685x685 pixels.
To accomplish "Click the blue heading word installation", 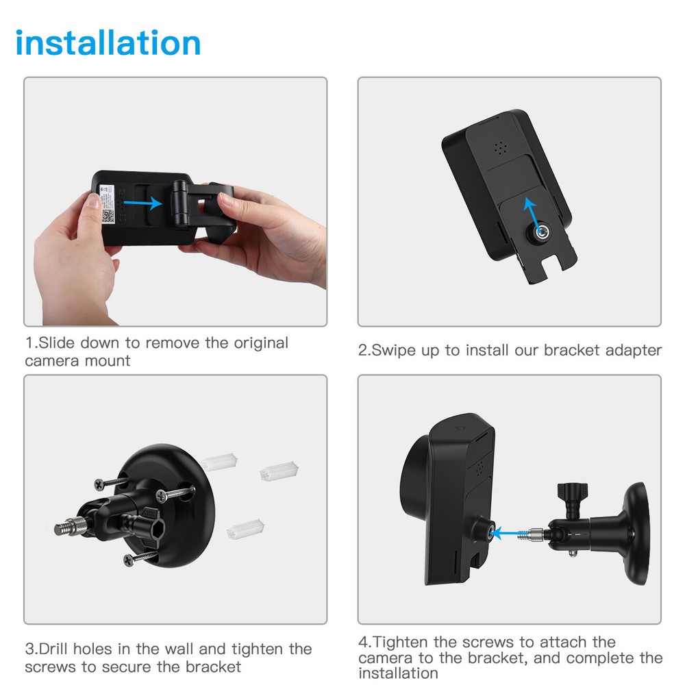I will click(x=108, y=42).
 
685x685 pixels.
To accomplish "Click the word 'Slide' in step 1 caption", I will click(x=58, y=342).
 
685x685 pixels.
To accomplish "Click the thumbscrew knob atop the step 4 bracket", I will click(x=569, y=493).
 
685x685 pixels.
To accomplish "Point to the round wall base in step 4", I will click(x=636, y=528).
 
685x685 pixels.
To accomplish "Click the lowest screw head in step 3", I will click(x=129, y=560).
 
